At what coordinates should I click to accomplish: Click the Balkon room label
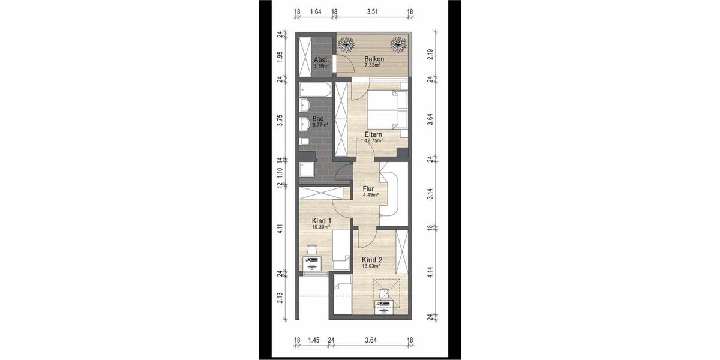[374, 59]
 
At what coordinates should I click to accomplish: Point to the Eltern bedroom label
[374, 135]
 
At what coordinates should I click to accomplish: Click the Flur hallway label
[368, 188]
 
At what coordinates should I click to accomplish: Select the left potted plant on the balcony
[347, 44]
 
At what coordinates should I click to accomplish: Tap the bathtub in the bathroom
[314, 91]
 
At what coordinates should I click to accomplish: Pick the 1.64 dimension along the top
[316, 11]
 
